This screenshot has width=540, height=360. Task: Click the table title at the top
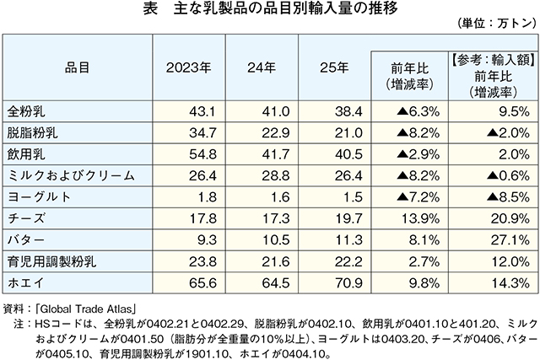point(270,10)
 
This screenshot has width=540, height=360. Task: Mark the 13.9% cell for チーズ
point(418,217)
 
